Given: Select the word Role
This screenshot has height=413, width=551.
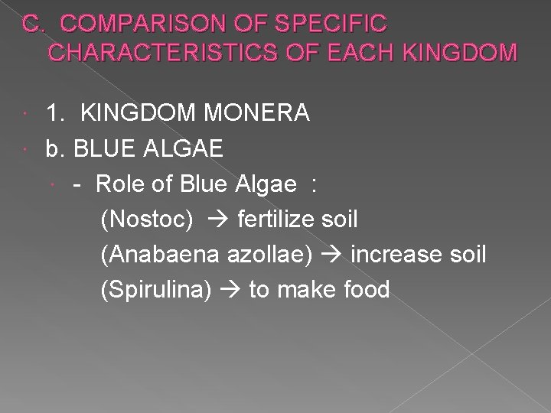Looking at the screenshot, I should [x=123, y=184].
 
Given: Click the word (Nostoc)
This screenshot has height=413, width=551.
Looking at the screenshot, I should [x=147, y=220].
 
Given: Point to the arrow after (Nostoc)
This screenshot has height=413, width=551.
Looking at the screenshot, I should [x=216, y=221].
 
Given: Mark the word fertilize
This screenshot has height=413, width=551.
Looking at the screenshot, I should [x=274, y=220].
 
